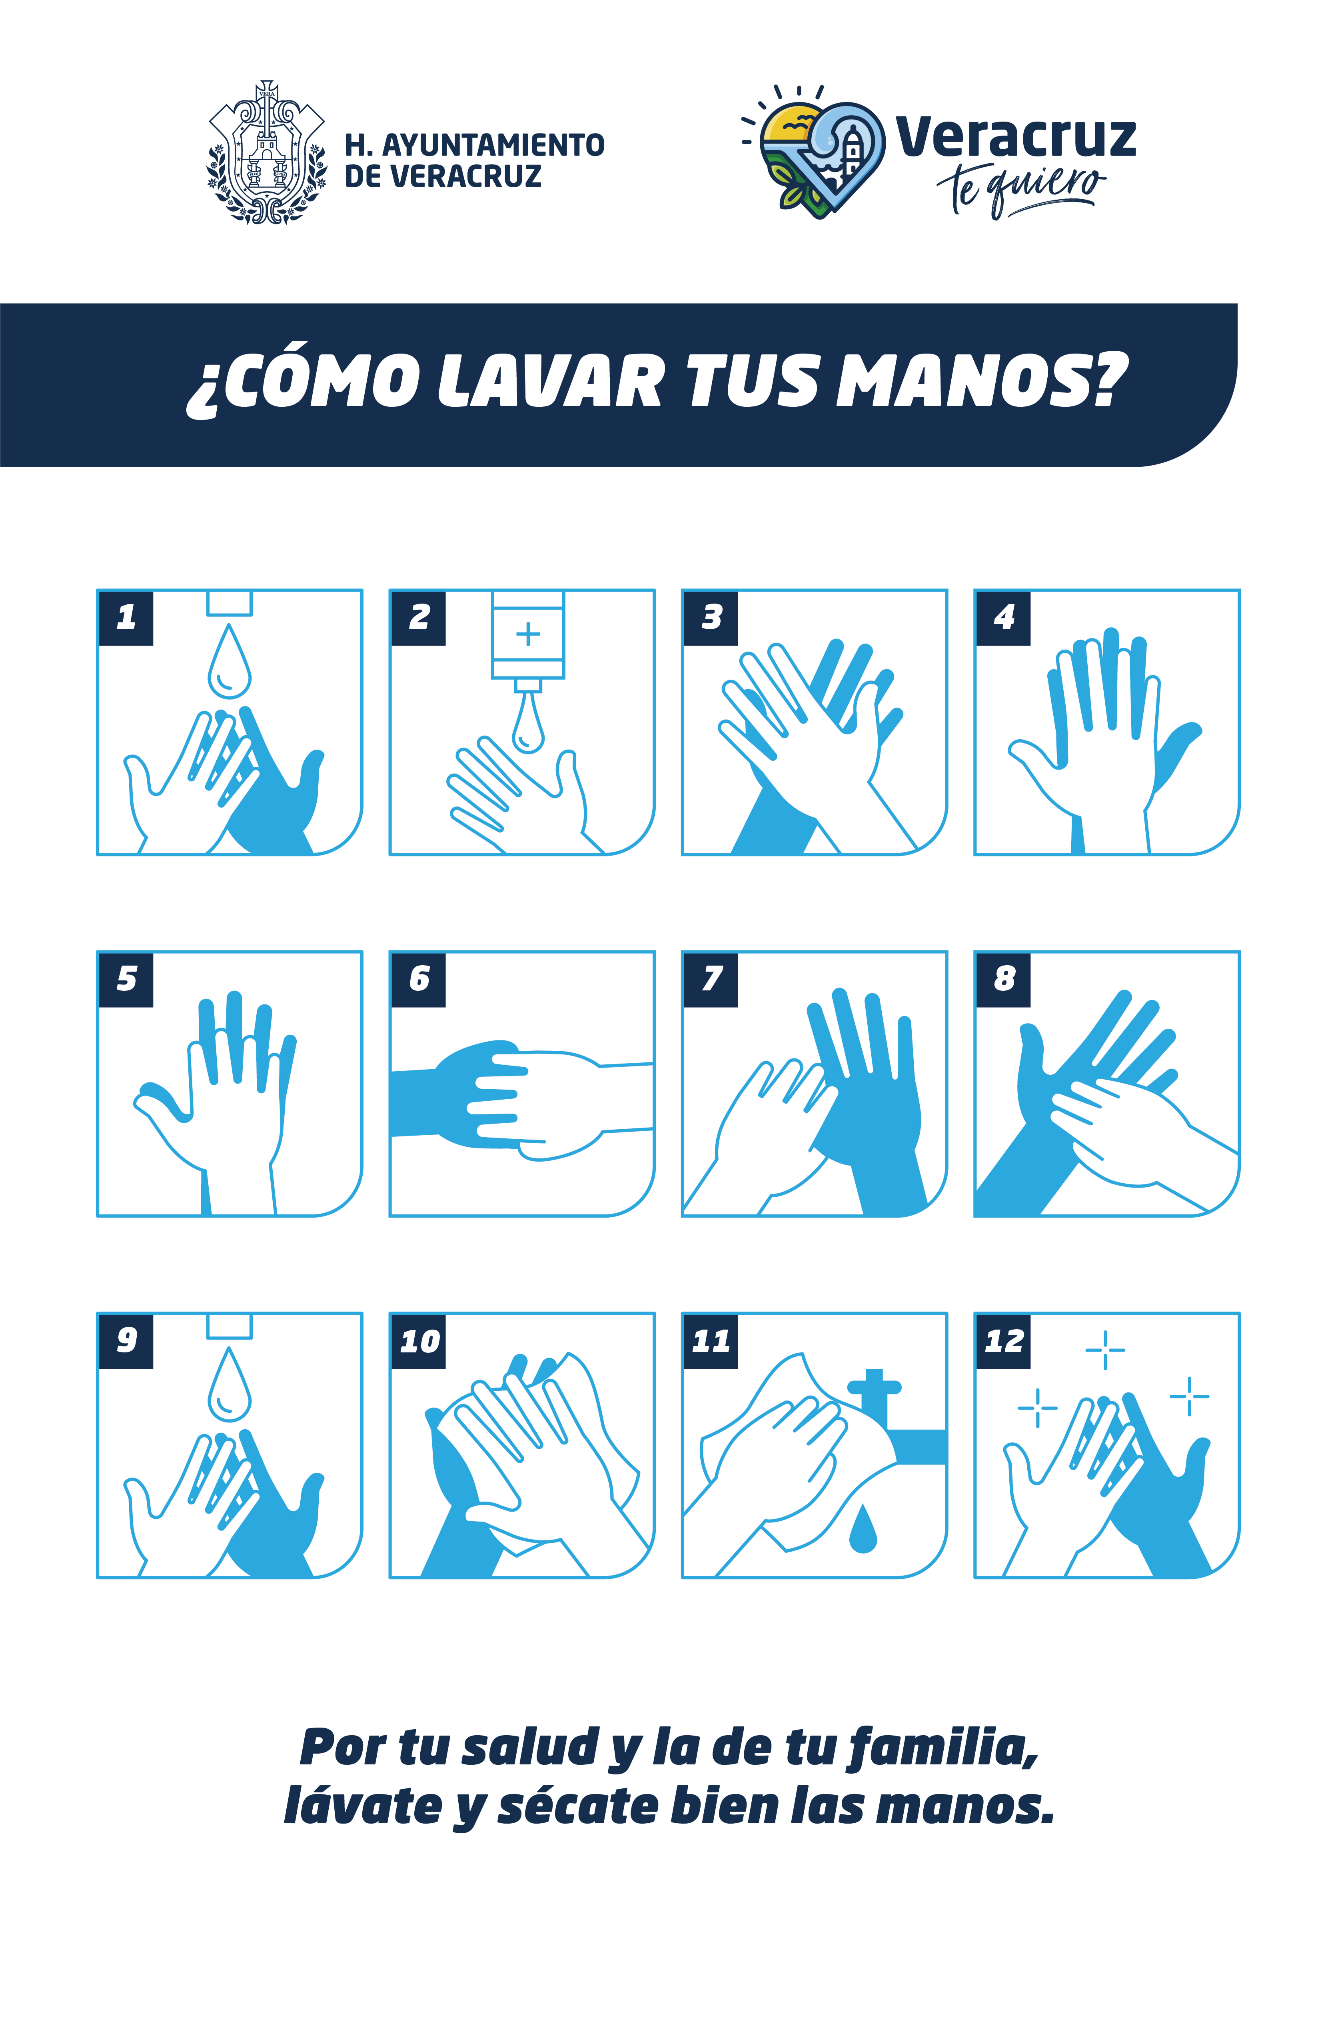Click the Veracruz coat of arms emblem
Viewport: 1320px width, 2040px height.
coord(267,152)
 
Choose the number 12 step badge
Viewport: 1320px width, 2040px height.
coord(1003,1342)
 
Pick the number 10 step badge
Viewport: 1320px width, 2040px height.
coord(418,1342)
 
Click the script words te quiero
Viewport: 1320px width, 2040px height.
coord(1020,188)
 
